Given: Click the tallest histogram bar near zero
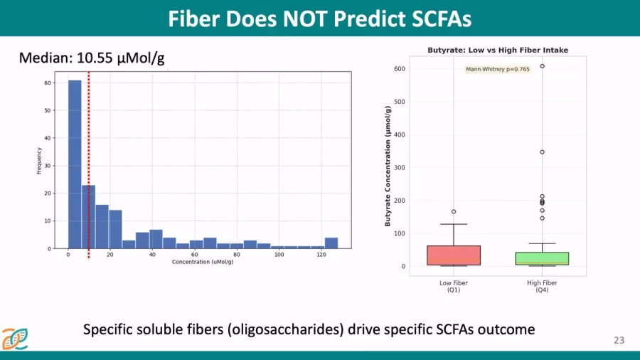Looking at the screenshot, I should tap(75, 164).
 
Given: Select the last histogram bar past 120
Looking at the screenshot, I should tap(331, 243).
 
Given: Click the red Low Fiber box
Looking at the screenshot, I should tap(454, 255).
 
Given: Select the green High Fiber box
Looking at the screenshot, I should tap(543, 258).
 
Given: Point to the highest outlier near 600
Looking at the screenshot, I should tap(543, 66).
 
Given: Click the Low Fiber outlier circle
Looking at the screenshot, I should tap(454, 211).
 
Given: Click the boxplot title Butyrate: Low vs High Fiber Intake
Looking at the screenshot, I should tap(498, 50).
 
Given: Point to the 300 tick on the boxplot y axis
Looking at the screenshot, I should tap(401, 168).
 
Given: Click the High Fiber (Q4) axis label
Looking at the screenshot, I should tap(542, 287).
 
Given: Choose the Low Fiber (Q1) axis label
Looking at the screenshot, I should tap(454, 287).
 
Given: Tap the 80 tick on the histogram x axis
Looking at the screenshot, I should tap(237, 255).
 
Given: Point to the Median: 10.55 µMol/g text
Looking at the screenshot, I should tap(92, 58).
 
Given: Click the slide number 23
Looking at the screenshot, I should tap(619, 341).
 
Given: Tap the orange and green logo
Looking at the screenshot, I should tap(14, 339).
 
